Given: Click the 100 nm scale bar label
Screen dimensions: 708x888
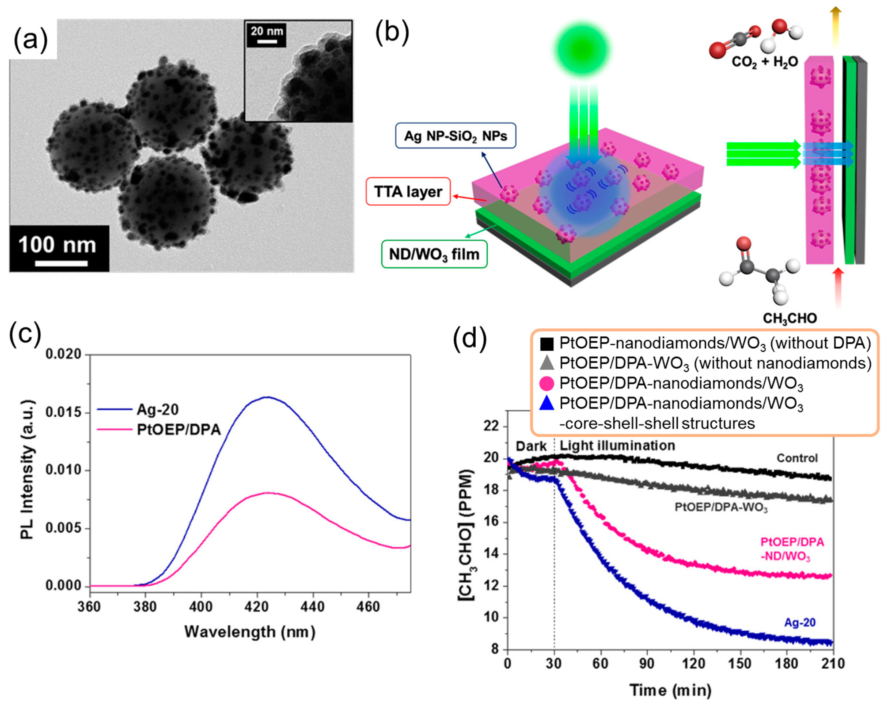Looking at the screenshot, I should (57, 245).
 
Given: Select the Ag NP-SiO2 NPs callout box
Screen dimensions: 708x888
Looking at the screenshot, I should (456, 136).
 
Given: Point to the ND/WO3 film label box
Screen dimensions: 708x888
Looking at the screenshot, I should (434, 254).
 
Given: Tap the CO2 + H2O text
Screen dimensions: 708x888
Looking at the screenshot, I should (765, 62).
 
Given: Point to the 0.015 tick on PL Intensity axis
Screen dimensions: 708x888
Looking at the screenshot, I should (63, 413).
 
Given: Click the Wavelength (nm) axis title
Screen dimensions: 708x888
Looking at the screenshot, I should (250, 631).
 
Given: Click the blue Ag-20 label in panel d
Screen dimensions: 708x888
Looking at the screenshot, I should (799, 622).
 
